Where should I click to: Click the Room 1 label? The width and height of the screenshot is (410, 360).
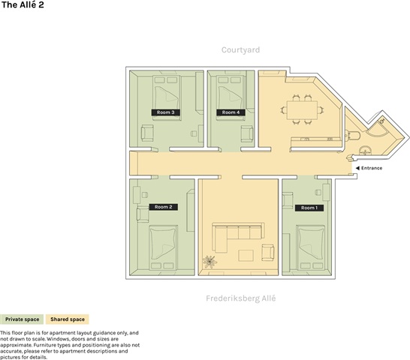pos(309,208)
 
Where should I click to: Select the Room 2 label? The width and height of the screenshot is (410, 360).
pos(164,207)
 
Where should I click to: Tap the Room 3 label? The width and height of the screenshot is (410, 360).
pos(165,112)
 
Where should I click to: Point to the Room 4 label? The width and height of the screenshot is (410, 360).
pos(231,112)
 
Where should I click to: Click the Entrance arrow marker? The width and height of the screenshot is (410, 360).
pos(357,168)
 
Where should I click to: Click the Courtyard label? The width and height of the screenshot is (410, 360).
pos(240,50)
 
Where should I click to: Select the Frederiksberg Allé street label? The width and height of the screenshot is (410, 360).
pos(241,298)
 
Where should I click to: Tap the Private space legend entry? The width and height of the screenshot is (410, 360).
pos(22,319)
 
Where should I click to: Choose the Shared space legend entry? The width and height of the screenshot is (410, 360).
pos(68,319)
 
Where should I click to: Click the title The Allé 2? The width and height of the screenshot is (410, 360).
pos(23,4)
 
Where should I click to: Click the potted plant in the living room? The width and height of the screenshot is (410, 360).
pos(210,262)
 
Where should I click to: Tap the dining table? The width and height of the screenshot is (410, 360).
pos(302,110)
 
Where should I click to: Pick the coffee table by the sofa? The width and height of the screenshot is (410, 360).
pos(246,255)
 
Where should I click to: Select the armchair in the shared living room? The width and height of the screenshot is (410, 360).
pos(268,252)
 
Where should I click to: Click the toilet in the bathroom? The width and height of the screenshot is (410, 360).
pos(352,136)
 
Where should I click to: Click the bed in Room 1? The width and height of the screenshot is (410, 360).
pos(311,247)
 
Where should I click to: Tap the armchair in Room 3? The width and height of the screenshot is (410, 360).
pos(147,133)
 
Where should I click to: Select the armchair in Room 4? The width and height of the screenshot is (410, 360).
pos(247,133)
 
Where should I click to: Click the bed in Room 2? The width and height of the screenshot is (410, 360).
pos(162,247)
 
